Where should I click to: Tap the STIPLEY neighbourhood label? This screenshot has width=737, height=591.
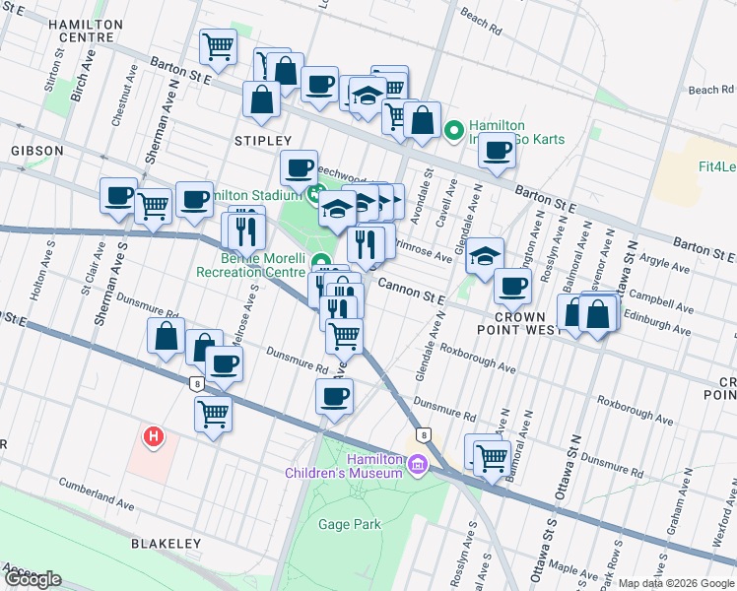(263, 142)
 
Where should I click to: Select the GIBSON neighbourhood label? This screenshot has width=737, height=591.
(38, 151)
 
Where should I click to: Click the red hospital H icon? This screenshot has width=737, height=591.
(153, 435)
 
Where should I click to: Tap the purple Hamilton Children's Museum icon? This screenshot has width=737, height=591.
(418, 463)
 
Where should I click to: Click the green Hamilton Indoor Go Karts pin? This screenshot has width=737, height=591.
(454, 129)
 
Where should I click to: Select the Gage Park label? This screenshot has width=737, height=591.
(349, 524)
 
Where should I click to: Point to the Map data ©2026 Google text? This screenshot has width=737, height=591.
(676, 583)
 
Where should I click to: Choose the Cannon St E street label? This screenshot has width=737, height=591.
(407, 286)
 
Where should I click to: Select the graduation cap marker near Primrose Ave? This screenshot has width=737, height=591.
(484, 255)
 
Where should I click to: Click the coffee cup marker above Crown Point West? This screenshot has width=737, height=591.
(511, 286)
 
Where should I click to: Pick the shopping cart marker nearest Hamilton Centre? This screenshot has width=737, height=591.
(217, 44)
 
